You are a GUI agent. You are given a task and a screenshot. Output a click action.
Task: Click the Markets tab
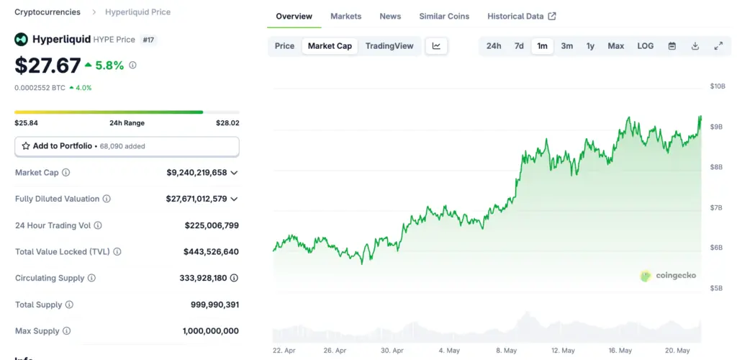(345, 16)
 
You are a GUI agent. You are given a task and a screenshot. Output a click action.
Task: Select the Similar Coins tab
(444, 16)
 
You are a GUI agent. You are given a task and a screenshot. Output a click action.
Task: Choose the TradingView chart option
(389, 46)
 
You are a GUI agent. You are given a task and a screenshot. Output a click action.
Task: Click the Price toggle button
(284, 46)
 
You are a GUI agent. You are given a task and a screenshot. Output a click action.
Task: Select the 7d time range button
(519, 46)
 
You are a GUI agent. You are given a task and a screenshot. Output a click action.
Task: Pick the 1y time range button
(590, 46)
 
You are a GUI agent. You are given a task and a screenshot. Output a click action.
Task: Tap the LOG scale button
(645, 46)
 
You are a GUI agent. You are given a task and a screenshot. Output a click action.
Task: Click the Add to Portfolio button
(127, 146)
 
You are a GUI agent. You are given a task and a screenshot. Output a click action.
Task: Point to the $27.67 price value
(48, 66)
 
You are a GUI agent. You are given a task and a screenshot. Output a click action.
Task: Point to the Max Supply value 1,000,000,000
(210, 331)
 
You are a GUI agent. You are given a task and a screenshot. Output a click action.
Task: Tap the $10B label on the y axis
(717, 86)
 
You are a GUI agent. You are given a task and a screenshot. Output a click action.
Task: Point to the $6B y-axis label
(716, 248)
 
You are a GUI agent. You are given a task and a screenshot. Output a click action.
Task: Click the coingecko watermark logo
(669, 275)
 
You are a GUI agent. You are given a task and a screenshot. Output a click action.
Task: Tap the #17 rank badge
(148, 40)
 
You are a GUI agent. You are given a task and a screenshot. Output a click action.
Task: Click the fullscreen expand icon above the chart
(718, 46)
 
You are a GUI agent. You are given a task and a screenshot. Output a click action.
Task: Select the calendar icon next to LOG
(672, 46)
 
